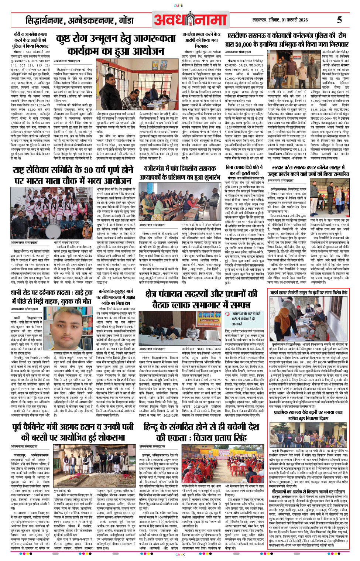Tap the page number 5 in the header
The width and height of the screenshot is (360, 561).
click(339, 20)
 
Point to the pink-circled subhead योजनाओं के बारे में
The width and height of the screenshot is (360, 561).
click(244, 314)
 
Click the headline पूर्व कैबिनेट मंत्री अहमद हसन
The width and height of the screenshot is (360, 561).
click(73, 432)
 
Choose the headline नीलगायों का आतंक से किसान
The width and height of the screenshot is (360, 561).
click(308, 492)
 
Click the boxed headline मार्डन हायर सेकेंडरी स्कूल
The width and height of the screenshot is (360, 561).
click(308, 293)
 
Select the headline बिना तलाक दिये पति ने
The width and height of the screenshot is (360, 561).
click(244, 170)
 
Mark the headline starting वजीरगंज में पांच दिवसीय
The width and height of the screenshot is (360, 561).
click(180, 172)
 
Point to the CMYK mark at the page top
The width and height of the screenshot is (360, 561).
click(180, 6)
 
